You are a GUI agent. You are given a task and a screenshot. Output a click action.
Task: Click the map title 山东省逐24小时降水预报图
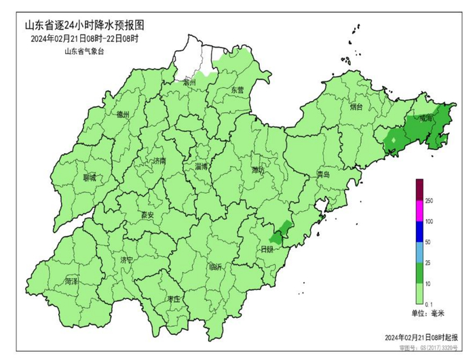(84, 25)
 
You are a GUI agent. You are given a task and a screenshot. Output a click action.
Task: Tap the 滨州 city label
(189, 81)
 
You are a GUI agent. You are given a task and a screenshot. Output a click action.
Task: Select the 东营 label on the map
(236, 89)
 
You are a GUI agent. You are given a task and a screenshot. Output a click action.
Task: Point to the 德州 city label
(122, 114)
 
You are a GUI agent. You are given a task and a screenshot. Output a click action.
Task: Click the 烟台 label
(356, 107)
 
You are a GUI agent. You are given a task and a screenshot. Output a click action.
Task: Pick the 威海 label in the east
(425, 117)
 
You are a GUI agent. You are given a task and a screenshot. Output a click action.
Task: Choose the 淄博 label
(202, 166)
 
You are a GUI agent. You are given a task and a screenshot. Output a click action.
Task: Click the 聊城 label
(89, 178)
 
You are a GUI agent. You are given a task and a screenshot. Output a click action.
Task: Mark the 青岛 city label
(323, 175)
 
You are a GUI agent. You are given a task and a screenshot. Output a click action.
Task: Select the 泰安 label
(147, 215)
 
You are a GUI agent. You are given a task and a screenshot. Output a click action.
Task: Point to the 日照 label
(267, 249)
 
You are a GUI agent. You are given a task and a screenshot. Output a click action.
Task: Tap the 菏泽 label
(72, 281)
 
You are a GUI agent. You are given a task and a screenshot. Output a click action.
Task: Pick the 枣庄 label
(173, 299)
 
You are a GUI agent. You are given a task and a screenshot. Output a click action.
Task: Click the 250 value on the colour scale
(430, 201)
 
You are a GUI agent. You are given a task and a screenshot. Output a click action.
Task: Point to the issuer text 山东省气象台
(84, 51)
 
